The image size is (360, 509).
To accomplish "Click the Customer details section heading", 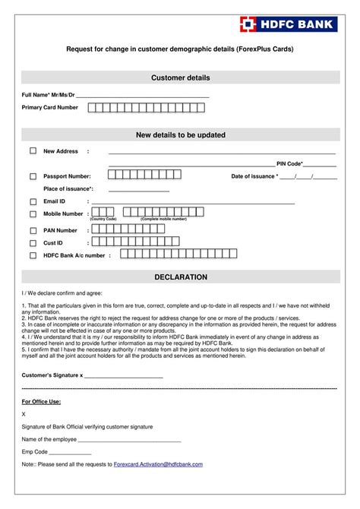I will (180, 77).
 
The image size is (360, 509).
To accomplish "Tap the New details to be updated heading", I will (180, 135).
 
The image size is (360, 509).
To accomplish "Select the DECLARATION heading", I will (180, 277).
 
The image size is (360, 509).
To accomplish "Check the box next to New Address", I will (33, 150).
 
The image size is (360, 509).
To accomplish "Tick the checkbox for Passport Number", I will (33, 176).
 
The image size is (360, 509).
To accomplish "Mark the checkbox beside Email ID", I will (33, 201).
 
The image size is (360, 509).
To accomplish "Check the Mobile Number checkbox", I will (33, 214).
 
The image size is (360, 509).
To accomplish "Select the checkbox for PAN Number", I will (33, 229).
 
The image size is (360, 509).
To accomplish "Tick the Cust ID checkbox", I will (33, 242).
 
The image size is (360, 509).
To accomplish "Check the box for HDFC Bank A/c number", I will (33, 255).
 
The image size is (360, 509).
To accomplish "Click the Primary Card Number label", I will (49, 108).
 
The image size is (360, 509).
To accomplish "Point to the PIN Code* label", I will (290, 163).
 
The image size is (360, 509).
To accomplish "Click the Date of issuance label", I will (254, 176).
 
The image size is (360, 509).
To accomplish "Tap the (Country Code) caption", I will (103, 219).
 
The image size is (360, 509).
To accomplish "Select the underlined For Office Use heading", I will (41, 401).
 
